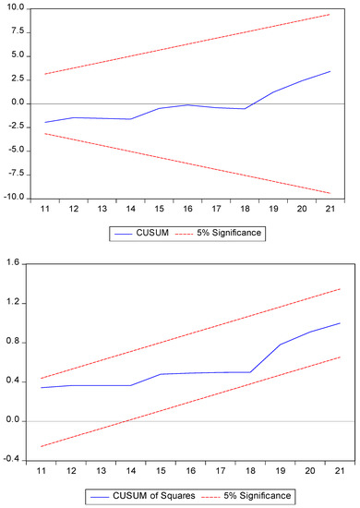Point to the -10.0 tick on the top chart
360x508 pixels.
[15, 198]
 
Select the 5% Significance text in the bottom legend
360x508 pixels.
[262, 496]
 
